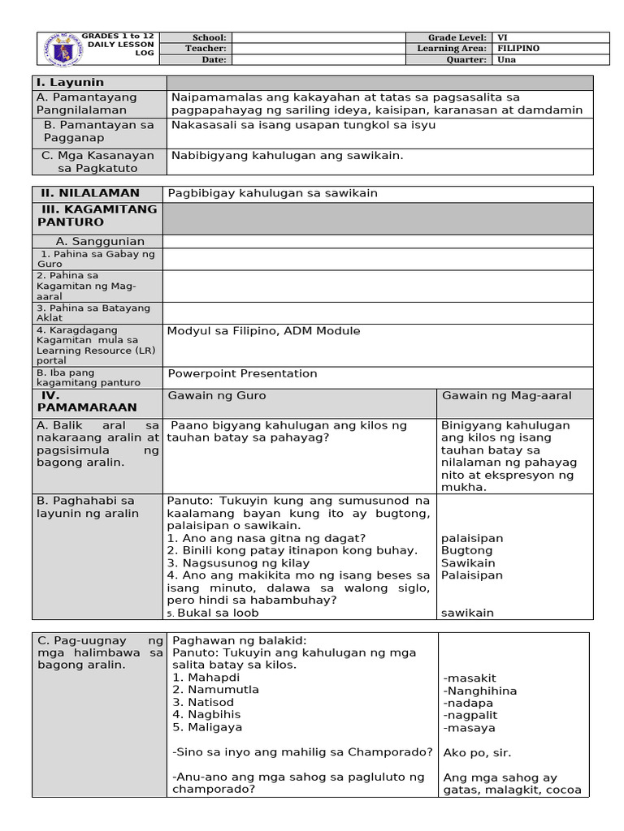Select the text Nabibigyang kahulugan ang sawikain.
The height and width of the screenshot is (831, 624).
pos(288,155)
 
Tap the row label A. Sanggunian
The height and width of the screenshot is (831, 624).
pos(100,241)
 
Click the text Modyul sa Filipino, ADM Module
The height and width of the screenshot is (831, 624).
pos(264,331)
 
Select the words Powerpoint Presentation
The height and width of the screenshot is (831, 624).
pos(243,374)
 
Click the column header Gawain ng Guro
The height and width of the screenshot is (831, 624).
pos(217,396)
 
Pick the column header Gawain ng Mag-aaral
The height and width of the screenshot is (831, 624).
pos(506,396)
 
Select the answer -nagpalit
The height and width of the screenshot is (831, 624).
pos(470,715)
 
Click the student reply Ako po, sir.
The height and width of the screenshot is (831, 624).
pos(478,752)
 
